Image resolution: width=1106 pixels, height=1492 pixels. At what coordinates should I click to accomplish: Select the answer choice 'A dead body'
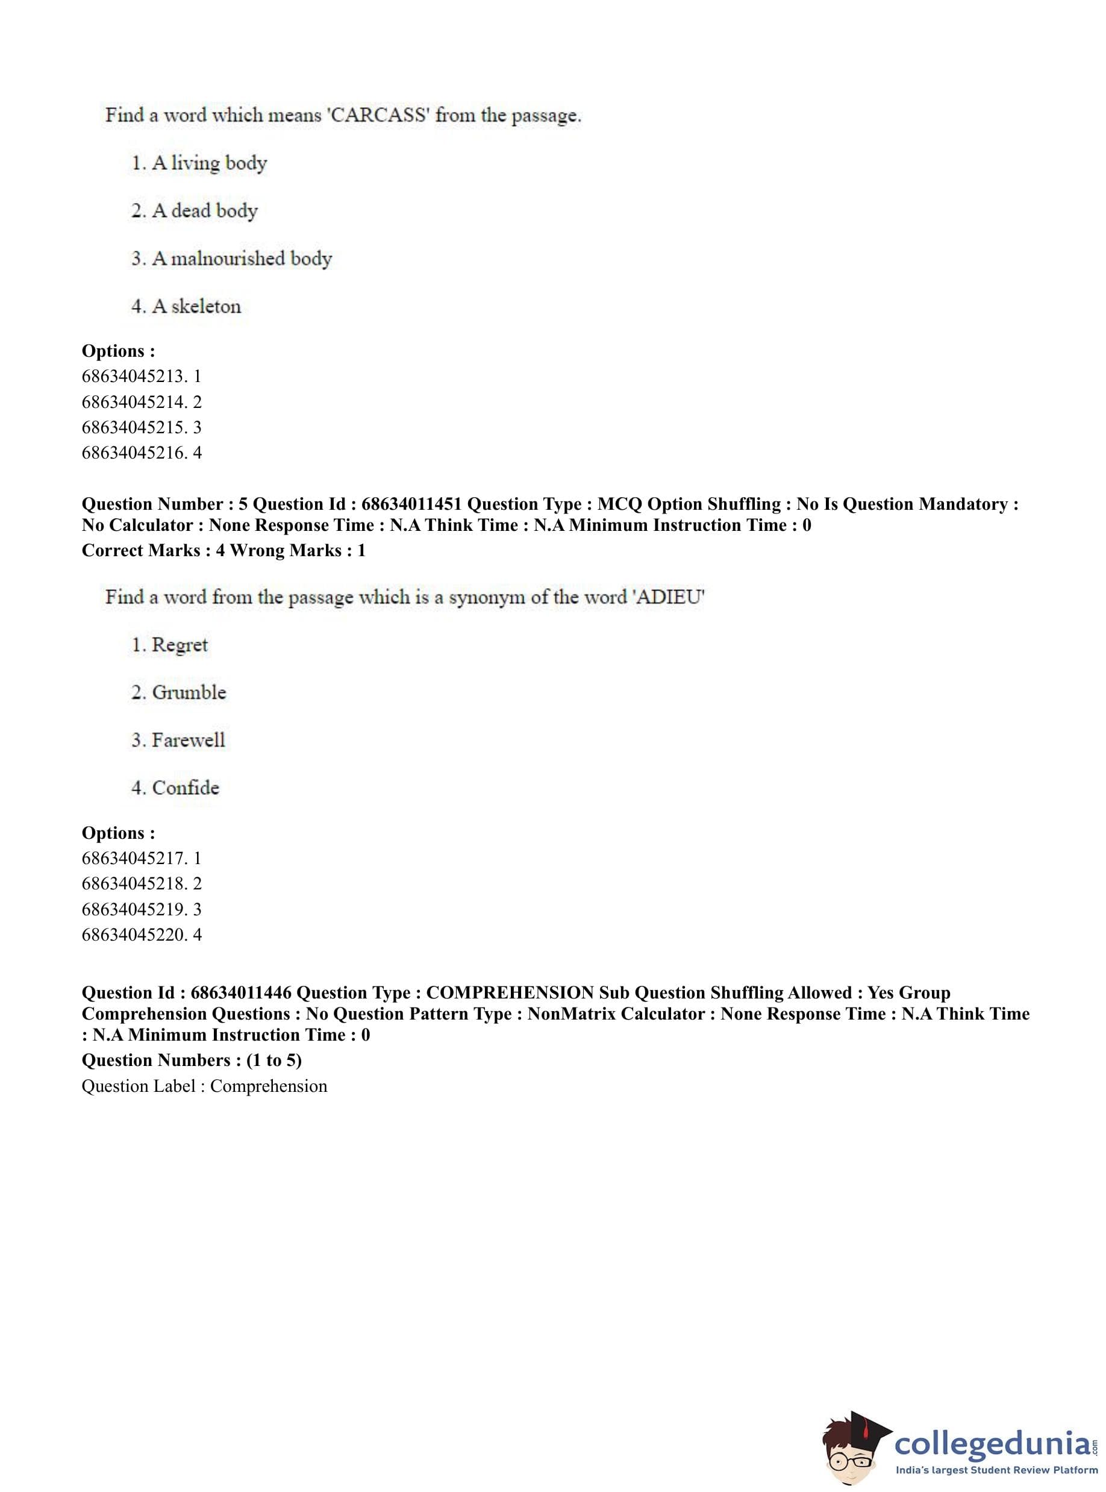[x=204, y=211]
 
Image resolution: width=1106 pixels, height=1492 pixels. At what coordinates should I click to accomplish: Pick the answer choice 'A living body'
[x=209, y=163]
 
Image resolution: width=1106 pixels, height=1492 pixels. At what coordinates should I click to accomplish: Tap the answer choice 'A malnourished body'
[x=241, y=259]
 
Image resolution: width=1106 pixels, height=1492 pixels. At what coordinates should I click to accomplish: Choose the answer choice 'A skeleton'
[x=196, y=307]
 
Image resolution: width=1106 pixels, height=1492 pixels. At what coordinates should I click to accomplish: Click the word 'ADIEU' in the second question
[x=669, y=597]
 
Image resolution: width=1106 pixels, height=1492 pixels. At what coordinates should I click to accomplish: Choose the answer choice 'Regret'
[x=180, y=645]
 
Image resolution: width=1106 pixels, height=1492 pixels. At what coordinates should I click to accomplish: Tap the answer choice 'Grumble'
[x=189, y=692]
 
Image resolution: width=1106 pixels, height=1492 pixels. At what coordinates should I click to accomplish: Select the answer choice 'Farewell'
[x=188, y=740]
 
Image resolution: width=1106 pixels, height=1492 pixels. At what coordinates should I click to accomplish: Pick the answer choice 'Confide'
[x=186, y=788]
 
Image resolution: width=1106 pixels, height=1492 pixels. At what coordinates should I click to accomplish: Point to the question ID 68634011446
[x=241, y=993]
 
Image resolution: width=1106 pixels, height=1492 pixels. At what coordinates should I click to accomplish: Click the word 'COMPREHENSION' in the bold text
[x=510, y=993]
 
